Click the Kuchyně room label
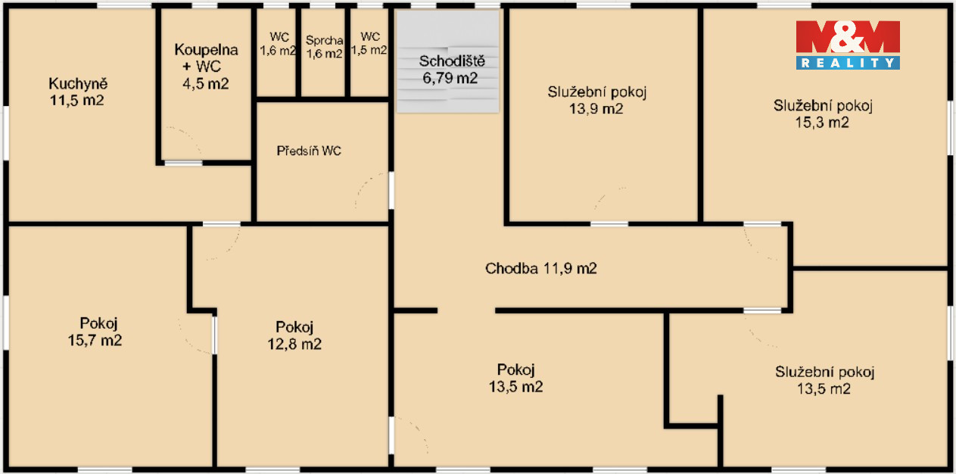point(77,92)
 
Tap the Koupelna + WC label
point(206,66)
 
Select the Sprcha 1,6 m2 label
point(325,47)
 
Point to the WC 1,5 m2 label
point(369,43)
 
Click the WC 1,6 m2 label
point(279,44)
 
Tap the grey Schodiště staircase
point(447,61)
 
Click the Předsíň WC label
point(309,151)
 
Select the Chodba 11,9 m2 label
point(540,268)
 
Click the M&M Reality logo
point(848,45)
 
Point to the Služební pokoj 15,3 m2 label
point(823,114)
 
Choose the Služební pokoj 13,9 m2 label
point(597,100)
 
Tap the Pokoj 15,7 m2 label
point(95,332)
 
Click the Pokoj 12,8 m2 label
point(294,335)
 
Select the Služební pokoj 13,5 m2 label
point(824,380)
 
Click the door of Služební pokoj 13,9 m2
point(609,223)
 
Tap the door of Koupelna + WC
point(183,163)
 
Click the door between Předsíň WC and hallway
point(391,191)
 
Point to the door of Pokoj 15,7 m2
point(213,335)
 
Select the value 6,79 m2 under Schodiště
point(450,78)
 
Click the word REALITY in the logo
point(848,63)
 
